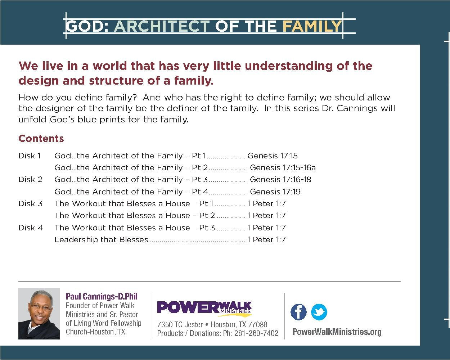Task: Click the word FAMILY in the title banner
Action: point(312,26)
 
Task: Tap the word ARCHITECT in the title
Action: point(162,26)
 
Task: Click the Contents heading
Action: point(41,139)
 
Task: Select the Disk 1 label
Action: point(30,156)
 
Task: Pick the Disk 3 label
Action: point(30,204)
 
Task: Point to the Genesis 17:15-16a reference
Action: point(283,168)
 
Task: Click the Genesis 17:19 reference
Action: point(275,192)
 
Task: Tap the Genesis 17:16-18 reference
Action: point(280,180)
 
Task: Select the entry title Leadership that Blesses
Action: point(101,240)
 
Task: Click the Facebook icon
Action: point(298,312)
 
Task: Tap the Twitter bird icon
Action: point(319,312)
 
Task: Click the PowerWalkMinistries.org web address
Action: point(337,332)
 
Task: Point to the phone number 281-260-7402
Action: point(256,333)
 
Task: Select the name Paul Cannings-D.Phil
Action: point(102,297)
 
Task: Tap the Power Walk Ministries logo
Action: point(204,308)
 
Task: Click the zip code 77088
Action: point(257,325)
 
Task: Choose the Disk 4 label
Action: point(31,228)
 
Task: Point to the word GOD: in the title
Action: point(87,26)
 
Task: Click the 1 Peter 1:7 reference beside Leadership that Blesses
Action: point(266,240)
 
